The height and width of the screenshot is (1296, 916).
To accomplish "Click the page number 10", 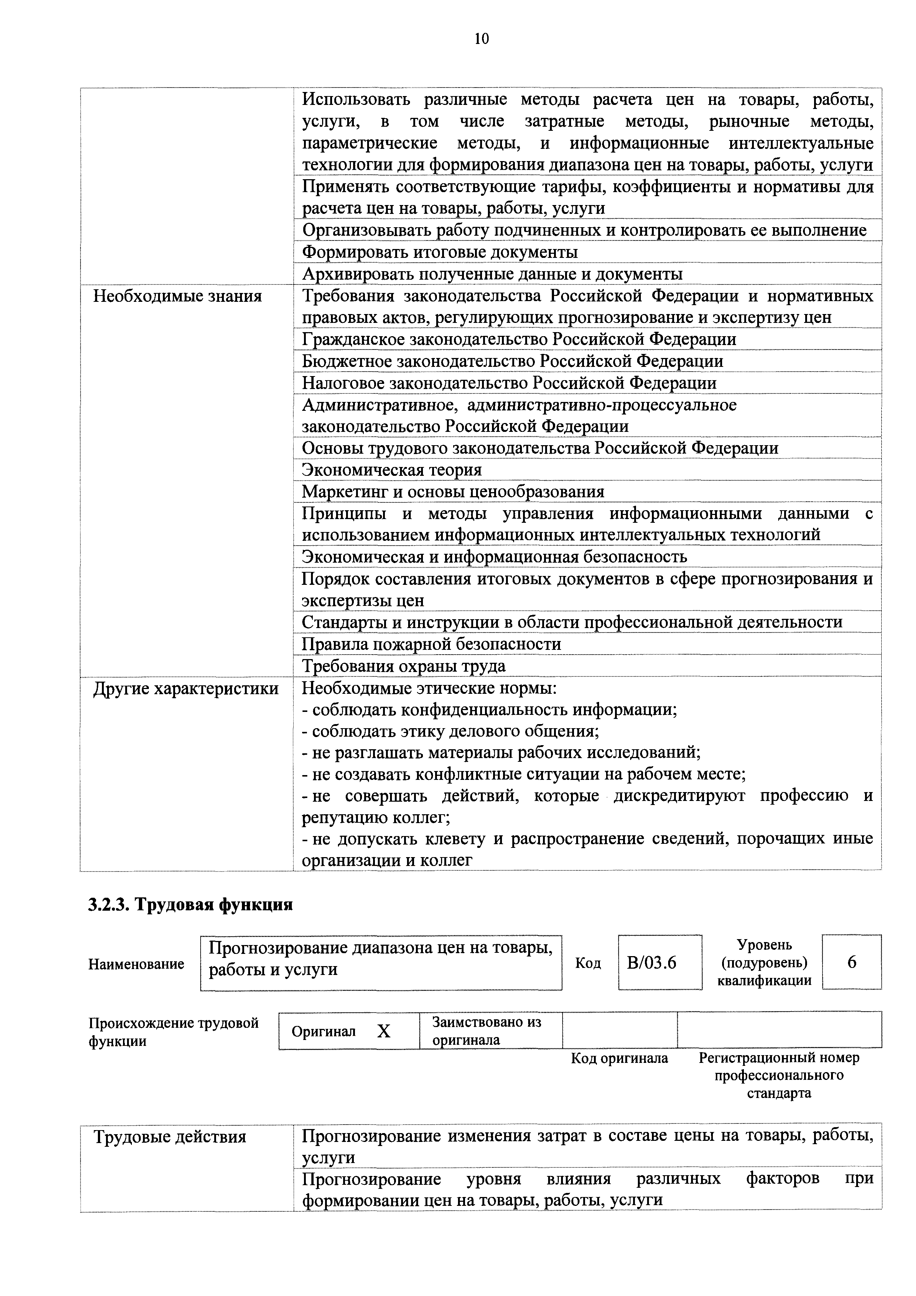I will click(481, 39).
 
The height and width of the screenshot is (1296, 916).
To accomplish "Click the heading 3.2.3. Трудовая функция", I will click(190, 905).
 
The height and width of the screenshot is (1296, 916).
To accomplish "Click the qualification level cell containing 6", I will click(851, 962).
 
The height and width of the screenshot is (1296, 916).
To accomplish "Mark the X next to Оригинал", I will click(383, 1032).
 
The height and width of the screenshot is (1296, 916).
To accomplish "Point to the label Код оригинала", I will click(619, 1058).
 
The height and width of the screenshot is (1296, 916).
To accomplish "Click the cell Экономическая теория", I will click(392, 470).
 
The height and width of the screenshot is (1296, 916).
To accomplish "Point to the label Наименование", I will click(136, 964).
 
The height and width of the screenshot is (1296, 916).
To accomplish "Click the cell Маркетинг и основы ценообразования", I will click(452, 492).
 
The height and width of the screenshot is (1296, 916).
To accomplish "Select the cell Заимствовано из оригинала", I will click(486, 1031).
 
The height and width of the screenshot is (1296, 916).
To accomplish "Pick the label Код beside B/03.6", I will click(588, 963).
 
